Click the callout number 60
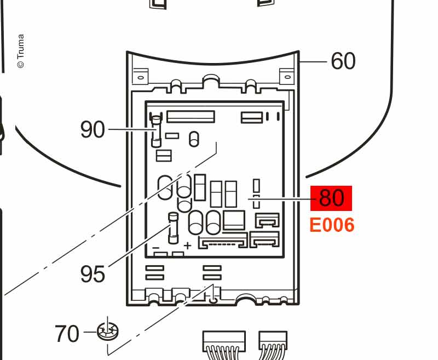tap(343, 61)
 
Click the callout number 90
tap(92, 129)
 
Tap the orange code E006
tap(332, 225)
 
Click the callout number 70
tap(67, 333)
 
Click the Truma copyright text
tap(21, 52)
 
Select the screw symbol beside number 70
tap(108, 330)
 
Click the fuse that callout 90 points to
tap(156, 132)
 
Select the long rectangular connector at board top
tap(190, 116)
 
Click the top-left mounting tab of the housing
tap(141, 76)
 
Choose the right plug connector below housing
tap(273, 341)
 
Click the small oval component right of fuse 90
tap(193, 139)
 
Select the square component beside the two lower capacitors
tap(234, 220)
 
